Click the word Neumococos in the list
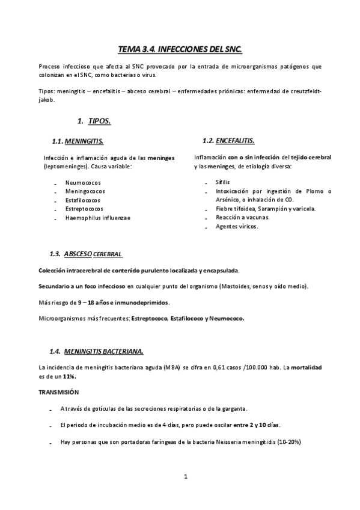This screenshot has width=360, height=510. tap(83, 182)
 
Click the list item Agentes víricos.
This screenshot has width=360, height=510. tap(236, 226)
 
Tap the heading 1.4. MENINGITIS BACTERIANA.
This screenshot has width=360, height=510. tap(96, 351)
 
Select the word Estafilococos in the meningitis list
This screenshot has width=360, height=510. tap(83, 200)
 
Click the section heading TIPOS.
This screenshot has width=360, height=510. tap(99, 121)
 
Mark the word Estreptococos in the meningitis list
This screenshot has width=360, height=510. tap(85, 209)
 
